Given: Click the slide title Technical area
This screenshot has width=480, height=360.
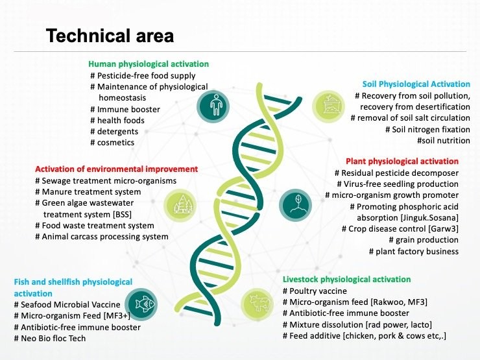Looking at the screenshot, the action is pos(110,36).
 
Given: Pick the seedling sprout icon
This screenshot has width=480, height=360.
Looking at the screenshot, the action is pos(296,205).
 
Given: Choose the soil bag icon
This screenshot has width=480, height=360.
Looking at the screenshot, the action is pos(328,106).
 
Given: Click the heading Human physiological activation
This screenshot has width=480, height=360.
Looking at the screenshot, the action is pos(149,64).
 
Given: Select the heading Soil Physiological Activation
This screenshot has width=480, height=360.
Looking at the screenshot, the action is pos(416,84).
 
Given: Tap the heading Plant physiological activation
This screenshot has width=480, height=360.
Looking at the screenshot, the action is pos(402,162).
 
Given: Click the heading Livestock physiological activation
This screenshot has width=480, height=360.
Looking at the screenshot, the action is pos(346,280).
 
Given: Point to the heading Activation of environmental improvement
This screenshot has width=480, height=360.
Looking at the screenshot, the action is pos(116,169).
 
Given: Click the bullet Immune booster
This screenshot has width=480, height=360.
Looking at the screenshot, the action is pos(125,109).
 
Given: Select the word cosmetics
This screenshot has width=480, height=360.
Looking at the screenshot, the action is pos(115,143).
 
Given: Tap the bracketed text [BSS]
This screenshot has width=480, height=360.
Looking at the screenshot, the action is pos(122,214).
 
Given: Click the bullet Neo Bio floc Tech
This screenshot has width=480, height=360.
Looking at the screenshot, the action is pos(50,338).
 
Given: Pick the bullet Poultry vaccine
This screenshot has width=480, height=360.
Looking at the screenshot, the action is pos(315,291).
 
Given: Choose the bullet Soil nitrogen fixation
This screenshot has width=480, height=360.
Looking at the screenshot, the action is pos(427,130).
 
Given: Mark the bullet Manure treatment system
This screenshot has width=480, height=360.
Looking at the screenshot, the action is pos(88,192).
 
